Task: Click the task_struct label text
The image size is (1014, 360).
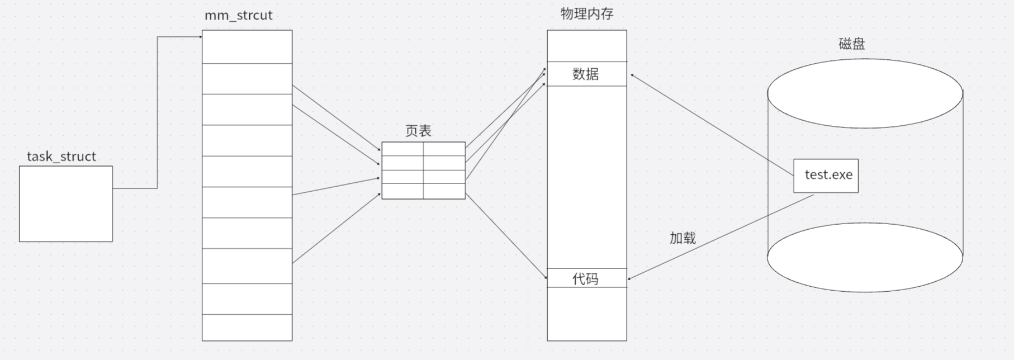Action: [x=61, y=157]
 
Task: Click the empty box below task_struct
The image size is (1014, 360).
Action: [x=66, y=204]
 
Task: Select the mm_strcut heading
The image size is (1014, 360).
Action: [x=238, y=15]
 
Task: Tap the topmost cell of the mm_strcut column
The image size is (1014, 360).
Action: [x=247, y=47]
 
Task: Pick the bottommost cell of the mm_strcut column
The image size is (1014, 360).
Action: [x=247, y=328]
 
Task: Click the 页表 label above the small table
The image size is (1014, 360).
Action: [x=418, y=131]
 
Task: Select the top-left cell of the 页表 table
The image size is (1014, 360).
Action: [x=402, y=149]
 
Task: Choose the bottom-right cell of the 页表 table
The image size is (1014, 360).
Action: [x=444, y=191]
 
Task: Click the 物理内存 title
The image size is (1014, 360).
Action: [x=587, y=13]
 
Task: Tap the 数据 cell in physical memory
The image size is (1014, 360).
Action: [x=586, y=74]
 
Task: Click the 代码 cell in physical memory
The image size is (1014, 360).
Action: [x=586, y=278]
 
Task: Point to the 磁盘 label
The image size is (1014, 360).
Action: [x=852, y=44]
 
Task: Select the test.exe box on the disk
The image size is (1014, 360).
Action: [x=826, y=176]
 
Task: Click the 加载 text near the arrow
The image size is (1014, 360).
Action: [x=683, y=238]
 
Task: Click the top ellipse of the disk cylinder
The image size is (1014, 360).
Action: [x=865, y=93]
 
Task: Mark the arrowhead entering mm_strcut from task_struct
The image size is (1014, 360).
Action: [x=200, y=37]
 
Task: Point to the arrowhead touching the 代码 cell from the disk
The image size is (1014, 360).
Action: [x=630, y=278]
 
